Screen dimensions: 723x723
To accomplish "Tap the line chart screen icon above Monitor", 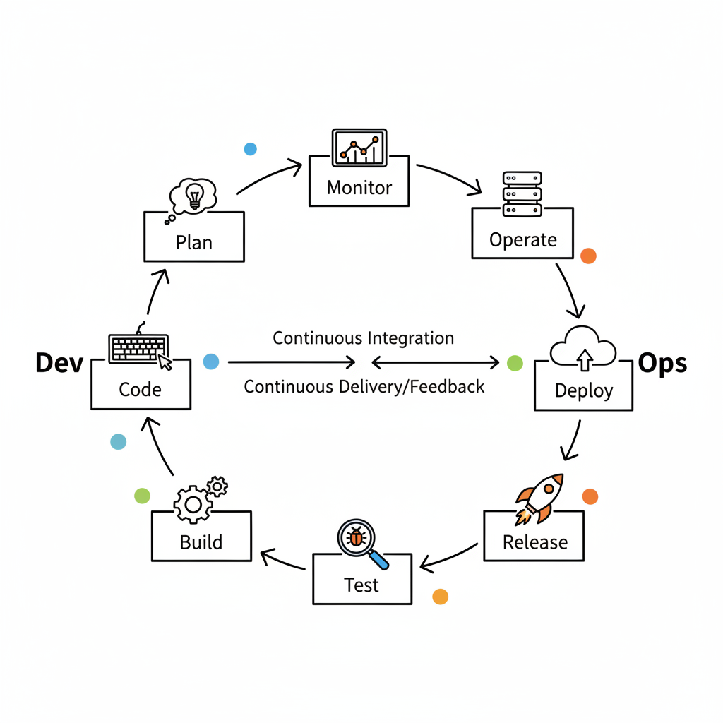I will click(x=359, y=147).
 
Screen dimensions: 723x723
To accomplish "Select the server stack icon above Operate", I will click(x=522, y=193).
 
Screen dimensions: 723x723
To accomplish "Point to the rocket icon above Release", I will click(x=541, y=498).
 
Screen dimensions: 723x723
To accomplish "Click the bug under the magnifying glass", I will click(x=357, y=538).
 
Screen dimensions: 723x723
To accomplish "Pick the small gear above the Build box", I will click(x=217, y=486).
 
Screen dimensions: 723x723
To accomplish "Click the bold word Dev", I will click(x=59, y=364).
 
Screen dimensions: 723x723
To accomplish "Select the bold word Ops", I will click(x=662, y=363).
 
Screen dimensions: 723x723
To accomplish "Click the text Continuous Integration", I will click(x=363, y=338).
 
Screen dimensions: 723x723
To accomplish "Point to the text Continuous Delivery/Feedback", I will click(x=364, y=386).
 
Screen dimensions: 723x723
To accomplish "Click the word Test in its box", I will click(x=361, y=585).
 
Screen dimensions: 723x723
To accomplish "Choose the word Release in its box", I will click(x=534, y=542).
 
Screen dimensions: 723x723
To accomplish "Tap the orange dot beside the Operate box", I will click(x=588, y=256).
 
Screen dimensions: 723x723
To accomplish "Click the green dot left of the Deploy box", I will click(x=515, y=363).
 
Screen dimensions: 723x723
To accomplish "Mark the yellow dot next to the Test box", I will click(x=440, y=597).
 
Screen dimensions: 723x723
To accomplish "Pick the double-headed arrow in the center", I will click(x=435, y=363).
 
